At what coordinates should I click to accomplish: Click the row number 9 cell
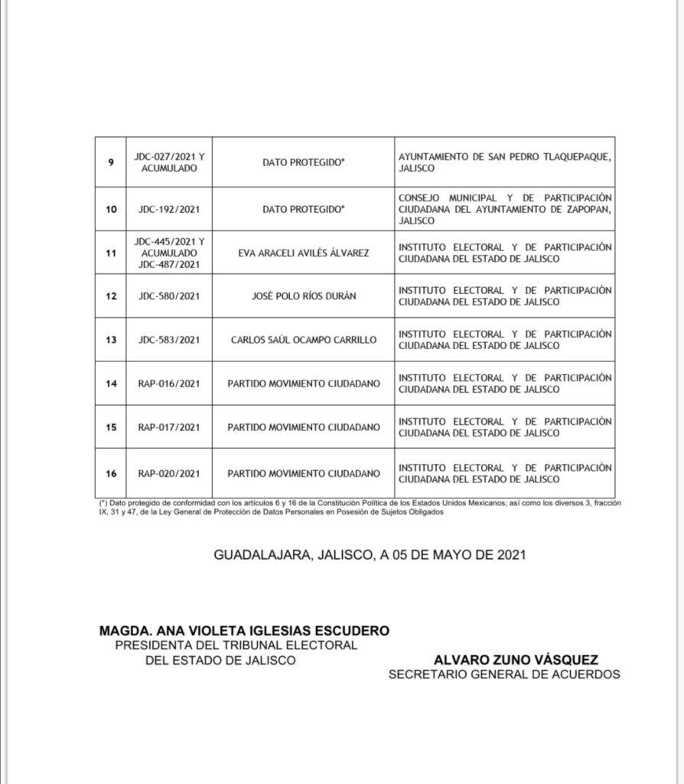pyautogui.click(x=112, y=162)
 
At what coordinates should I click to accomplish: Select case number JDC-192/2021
pyautogui.click(x=169, y=209)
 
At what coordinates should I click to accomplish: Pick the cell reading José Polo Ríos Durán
pyautogui.click(x=304, y=296)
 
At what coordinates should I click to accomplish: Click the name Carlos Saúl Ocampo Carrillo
pyautogui.click(x=304, y=340)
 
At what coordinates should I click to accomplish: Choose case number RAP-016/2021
pyautogui.click(x=169, y=384)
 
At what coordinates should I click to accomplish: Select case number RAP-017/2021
pyautogui.click(x=169, y=427)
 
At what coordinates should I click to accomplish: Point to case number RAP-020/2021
pyautogui.click(x=169, y=473)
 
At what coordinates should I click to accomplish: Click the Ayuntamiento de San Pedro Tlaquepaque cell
pyautogui.click(x=505, y=162)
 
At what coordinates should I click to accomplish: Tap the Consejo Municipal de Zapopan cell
pyautogui.click(x=505, y=209)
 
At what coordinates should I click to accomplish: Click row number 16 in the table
pyautogui.click(x=112, y=473)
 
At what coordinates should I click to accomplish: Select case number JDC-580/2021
pyautogui.click(x=169, y=296)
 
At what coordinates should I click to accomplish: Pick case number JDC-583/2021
pyautogui.click(x=169, y=340)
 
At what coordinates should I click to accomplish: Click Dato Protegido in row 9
pyautogui.click(x=304, y=162)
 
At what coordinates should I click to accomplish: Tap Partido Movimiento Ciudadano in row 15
pyautogui.click(x=304, y=427)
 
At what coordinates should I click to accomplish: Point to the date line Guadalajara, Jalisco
pyautogui.click(x=370, y=555)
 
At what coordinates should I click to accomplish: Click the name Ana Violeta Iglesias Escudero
pyautogui.click(x=244, y=631)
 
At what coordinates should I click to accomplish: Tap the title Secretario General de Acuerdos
pyautogui.click(x=504, y=675)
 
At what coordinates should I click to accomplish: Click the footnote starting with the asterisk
pyautogui.click(x=355, y=508)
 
